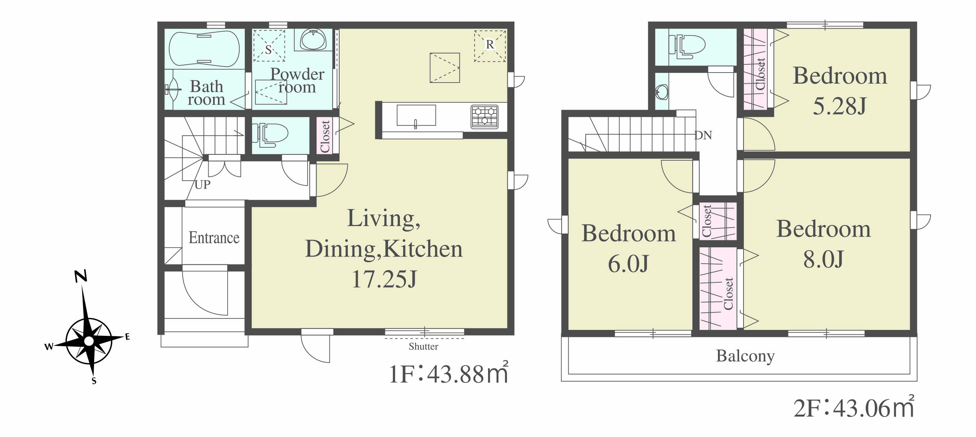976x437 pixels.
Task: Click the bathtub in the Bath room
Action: tap(204, 49)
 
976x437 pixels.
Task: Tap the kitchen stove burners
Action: tap(484, 117)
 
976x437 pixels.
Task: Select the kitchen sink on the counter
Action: tap(416, 116)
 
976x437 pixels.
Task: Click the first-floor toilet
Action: tap(270, 135)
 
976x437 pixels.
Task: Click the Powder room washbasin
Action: tap(313, 39)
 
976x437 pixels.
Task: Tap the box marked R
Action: tap(490, 46)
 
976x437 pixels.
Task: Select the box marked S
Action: tap(269, 45)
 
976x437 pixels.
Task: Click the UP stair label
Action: tap(202, 184)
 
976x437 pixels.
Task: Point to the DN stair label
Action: tap(703, 135)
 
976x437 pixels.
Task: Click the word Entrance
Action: tap(214, 237)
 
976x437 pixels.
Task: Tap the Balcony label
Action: tap(745, 356)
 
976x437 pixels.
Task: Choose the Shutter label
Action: tap(423, 346)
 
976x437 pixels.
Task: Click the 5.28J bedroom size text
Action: tap(839, 106)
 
